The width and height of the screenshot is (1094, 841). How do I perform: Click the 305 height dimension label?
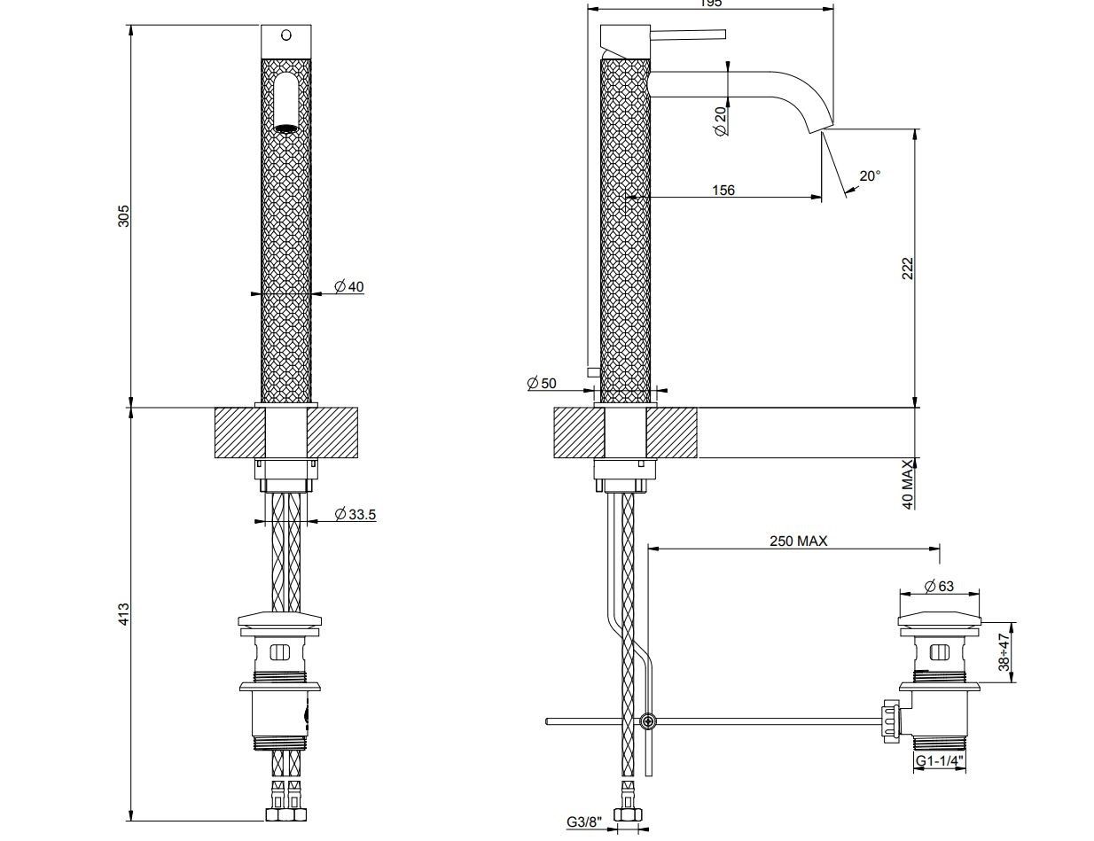(124, 215)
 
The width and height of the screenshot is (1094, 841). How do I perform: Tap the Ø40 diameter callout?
(348, 286)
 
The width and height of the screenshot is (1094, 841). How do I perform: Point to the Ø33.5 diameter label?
(355, 514)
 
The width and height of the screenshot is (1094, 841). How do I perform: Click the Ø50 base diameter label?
(541, 383)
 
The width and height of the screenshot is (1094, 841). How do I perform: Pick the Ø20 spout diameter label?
(720, 121)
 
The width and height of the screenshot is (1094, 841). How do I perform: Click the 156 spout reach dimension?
(723, 190)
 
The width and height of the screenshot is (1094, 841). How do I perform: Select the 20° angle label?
(870, 175)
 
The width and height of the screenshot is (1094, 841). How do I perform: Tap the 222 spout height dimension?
(907, 269)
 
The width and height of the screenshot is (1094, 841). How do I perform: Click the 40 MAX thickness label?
(907, 484)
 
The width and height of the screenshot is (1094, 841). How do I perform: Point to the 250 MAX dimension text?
(798, 541)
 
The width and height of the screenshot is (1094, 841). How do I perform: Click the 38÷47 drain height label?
(1004, 651)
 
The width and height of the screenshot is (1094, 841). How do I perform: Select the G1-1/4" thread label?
(941, 760)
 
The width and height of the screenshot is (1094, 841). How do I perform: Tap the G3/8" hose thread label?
(585, 822)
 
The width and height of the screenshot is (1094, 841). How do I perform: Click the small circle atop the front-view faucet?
(285, 35)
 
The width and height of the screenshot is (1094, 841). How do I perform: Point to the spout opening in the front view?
(285, 128)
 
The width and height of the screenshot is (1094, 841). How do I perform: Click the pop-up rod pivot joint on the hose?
(649, 721)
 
